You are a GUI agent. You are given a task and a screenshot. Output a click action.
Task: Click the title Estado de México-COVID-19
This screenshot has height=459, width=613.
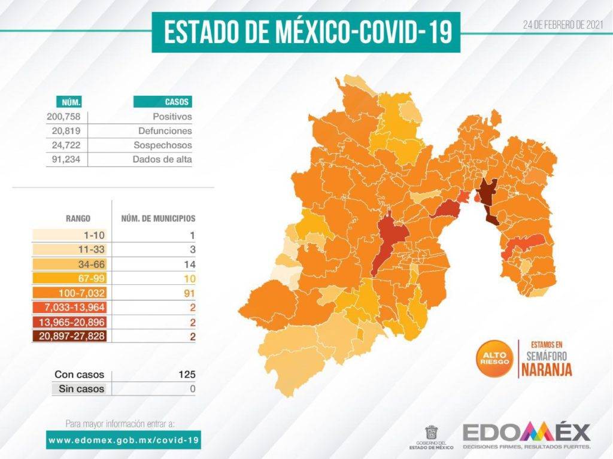306,32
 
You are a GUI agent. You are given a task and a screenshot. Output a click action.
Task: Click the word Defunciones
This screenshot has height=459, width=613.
165,131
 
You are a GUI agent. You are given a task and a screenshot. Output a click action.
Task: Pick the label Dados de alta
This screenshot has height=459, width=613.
162,160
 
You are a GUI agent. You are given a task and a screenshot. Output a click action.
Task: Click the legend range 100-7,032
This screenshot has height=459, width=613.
83,293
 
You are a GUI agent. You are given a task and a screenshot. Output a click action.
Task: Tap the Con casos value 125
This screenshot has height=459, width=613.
187,375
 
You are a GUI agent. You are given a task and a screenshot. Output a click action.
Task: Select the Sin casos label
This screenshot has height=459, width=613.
81,389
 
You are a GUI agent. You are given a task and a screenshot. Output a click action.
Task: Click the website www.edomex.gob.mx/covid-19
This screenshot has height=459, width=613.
123,440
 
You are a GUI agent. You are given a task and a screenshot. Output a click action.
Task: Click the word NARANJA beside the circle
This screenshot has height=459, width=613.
546,370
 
